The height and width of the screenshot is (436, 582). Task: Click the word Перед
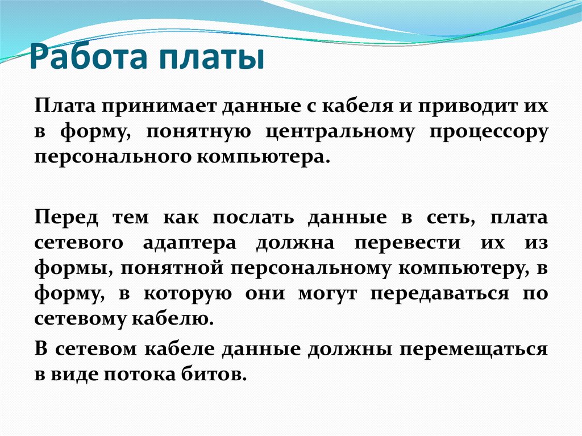point(65,217)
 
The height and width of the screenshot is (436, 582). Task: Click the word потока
point(146,373)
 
